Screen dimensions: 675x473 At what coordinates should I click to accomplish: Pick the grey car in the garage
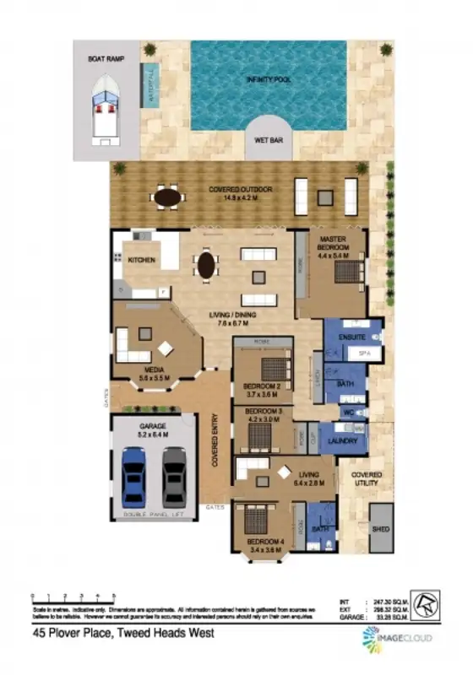174,476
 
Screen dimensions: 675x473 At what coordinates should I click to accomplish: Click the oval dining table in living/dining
206,266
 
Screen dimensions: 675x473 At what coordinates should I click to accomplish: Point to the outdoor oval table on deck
168,197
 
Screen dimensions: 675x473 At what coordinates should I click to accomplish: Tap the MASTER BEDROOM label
338,245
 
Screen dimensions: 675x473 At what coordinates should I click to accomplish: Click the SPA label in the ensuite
366,353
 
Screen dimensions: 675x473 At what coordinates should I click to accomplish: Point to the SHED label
381,529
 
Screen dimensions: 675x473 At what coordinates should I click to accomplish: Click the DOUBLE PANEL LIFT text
155,514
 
